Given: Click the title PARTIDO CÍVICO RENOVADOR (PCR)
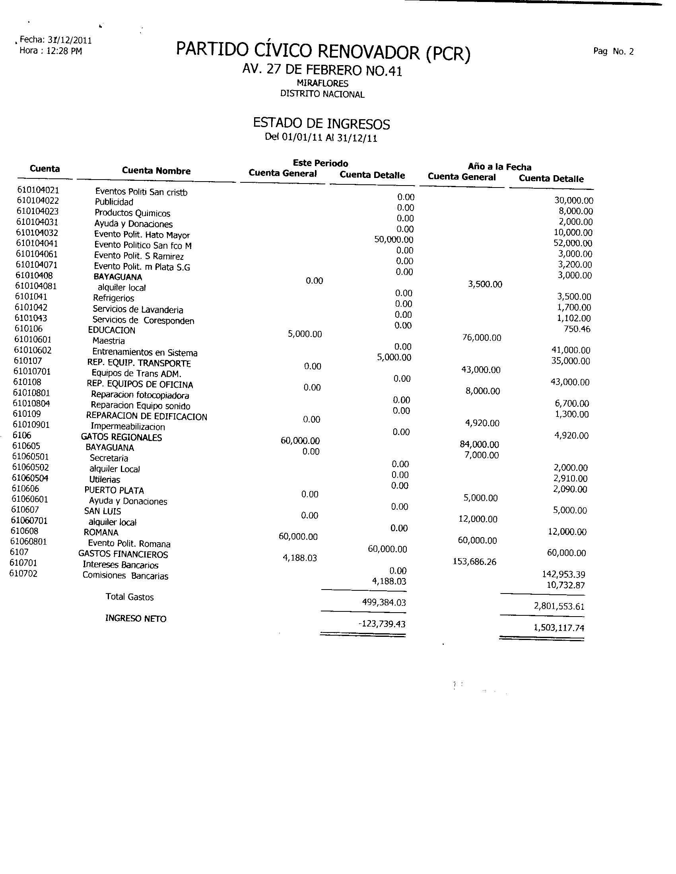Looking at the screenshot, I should point(323,53).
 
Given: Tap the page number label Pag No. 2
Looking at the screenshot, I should point(614,52).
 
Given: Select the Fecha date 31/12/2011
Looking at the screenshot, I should point(70,41).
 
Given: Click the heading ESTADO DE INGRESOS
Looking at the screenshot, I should point(321,124).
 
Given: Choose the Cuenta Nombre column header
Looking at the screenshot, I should point(156,171).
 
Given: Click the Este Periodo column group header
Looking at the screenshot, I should point(321,163).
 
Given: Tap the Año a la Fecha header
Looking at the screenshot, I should point(499,167).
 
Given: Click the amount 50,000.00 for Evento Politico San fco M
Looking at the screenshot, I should point(394,240).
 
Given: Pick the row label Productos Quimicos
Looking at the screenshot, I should point(132,213).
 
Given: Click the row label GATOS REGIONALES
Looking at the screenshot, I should point(121,437).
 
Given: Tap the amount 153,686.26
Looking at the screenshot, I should point(474,562).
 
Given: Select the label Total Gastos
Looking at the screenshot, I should point(129,597).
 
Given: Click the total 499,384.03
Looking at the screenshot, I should point(384,602).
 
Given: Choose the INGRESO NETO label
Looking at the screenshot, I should point(135,618).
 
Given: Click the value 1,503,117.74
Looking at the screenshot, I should point(559,627).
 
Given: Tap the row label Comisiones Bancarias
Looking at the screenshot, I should point(125,576).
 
